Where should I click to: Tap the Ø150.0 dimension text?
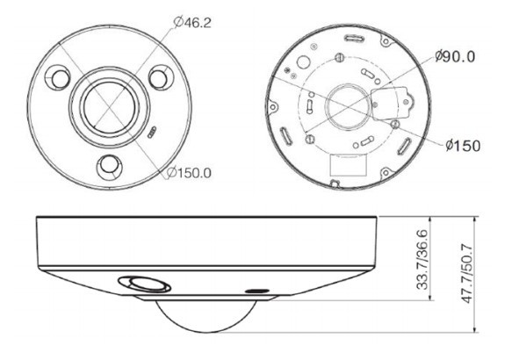click(x=189, y=173)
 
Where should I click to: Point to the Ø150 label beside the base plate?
click(x=463, y=146)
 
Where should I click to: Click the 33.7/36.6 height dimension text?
click(x=423, y=261)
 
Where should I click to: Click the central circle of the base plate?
click(x=345, y=105)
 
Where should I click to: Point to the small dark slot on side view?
click(x=257, y=290)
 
